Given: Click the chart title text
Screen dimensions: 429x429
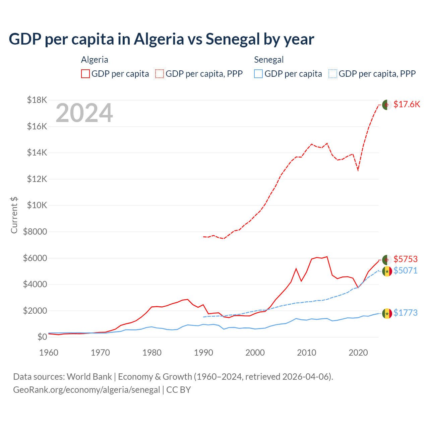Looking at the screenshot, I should (x=161, y=39).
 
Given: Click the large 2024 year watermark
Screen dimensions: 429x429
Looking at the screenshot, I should (x=84, y=113).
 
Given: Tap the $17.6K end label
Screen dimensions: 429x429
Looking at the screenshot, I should (x=407, y=104).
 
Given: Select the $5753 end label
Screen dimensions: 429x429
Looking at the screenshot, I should (x=406, y=259).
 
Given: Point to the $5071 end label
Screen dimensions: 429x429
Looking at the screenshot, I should (x=406, y=270).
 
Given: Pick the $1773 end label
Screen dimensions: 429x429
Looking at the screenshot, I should (x=406, y=313).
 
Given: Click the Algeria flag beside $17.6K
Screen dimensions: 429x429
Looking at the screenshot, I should (x=387, y=105).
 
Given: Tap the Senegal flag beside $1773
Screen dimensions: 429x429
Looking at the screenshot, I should (x=387, y=313).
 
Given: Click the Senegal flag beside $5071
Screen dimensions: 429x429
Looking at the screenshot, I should (x=387, y=271).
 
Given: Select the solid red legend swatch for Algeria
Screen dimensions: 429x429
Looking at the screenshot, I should (x=85, y=74).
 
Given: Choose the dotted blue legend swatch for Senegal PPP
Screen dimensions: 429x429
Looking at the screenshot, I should (x=333, y=74).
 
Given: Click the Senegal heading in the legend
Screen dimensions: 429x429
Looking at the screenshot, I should (x=269, y=60).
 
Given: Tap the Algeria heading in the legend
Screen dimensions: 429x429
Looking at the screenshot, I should (x=95, y=60).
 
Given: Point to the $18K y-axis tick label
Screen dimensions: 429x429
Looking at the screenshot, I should (x=37, y=100).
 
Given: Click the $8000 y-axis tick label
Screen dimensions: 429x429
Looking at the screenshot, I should (x=35, y=232).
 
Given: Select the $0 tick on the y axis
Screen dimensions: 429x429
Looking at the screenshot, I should (x=42, y=337).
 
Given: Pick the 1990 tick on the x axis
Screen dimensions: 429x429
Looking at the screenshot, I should (x=203, y=353).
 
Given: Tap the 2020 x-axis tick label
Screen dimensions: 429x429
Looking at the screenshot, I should (x=358, y=353).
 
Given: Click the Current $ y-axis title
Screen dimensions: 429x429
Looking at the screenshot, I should (x=14, y=215).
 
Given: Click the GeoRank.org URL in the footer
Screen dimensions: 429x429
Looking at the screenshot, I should (x=86, y=390).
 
